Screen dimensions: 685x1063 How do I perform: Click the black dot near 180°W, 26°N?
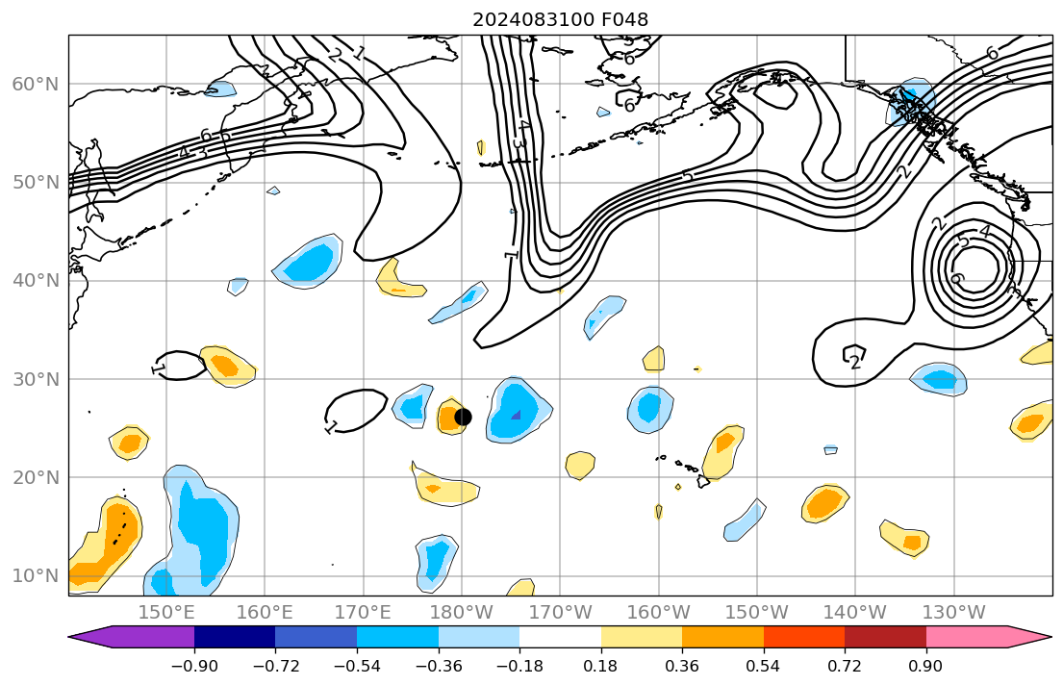click(463, 417)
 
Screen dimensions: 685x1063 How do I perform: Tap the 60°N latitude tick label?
click(35, 84)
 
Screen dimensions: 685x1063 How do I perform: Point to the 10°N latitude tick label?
click(35, 575)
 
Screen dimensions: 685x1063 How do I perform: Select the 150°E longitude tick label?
click(166, 613)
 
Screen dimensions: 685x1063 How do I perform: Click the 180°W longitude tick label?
click(462, 613)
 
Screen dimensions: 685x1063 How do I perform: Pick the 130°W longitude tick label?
click(953, 613)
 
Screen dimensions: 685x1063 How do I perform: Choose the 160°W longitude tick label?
click(659, 613)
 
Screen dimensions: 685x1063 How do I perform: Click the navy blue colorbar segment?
click(235, 637)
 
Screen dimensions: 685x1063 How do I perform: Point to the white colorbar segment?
click(560, 637)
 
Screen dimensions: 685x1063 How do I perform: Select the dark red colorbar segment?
click(885, 637)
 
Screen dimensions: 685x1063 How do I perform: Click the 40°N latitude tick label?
click(35, 280)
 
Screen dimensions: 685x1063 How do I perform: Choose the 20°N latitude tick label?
click(35, 477)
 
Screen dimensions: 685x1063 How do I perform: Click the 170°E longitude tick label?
click(364, 613)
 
